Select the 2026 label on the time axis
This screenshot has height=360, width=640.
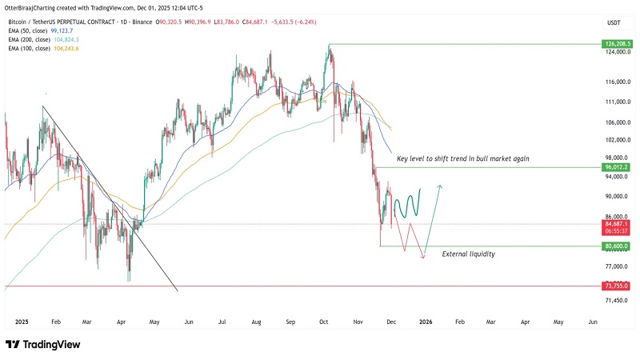click(x=426, y=321)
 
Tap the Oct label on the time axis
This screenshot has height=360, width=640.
click(x=324, y=321)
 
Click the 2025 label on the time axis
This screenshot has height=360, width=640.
click(x=22, y=321)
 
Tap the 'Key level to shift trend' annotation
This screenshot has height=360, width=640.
click(x=463, y=159)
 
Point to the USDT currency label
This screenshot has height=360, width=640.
click(x=614, y=23)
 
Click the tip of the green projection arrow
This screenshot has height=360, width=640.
click(x=441, y=186)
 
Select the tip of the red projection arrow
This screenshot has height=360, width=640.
click(x=423, y=258)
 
